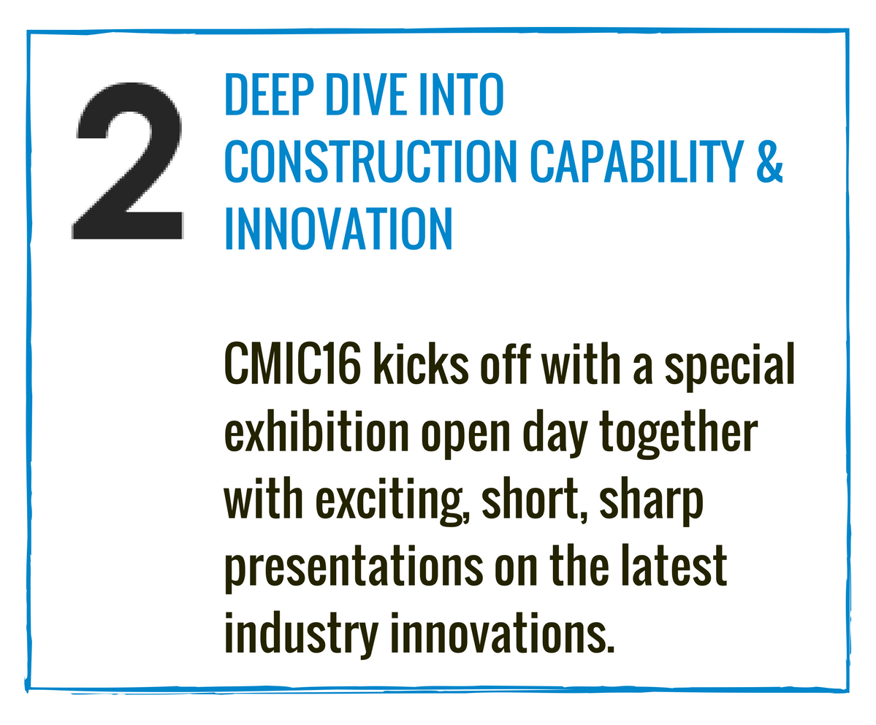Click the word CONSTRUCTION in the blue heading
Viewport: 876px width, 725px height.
click(370, 161)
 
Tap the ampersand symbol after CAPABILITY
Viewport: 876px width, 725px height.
click(770, 161)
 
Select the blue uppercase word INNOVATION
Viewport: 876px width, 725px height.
click(338, 229)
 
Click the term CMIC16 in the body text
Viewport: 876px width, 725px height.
click(292, 364)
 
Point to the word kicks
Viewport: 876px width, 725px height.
click(421, 364)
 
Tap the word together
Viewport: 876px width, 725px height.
click(679, 434)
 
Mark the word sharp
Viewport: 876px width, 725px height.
click(651, 501)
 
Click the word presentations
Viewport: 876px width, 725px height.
click(354, 568)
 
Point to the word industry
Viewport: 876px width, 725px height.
click(301, 635)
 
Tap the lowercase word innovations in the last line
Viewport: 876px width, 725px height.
click(498, 632)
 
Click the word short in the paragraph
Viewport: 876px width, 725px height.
click(534, 499)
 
